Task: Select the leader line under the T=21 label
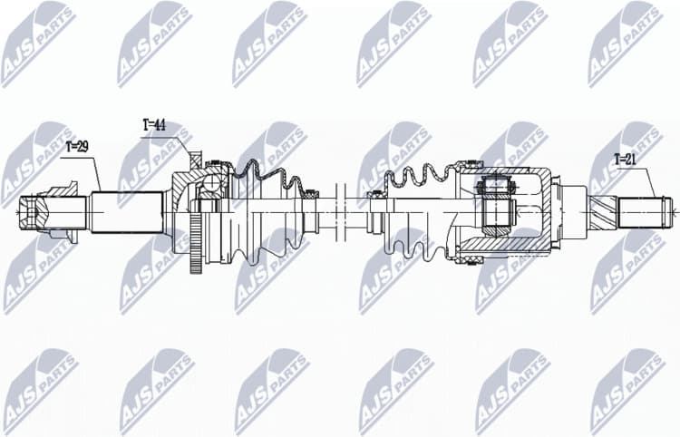pyautogui.click(x=651, y=181)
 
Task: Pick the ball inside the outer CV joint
pyautogui.click(x=211, y=186)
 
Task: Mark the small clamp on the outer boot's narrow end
pyautogui.click(x=309, y=192)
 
